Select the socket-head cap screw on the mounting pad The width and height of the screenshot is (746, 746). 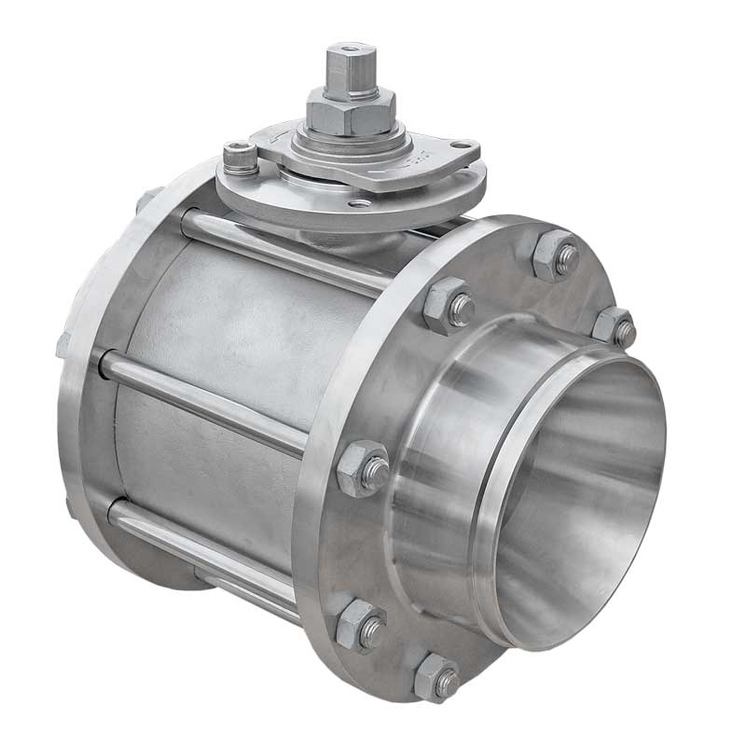click(240, 157)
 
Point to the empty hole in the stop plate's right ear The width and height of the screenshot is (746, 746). click(458, 148)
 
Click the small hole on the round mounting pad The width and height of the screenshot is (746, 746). click(358, 202)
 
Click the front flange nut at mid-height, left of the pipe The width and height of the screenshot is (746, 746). click(363, 468)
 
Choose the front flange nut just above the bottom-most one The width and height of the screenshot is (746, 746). click(360, 625)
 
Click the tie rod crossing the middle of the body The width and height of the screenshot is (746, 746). click(205, 401)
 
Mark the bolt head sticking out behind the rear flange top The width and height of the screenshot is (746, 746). click(147, 200)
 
